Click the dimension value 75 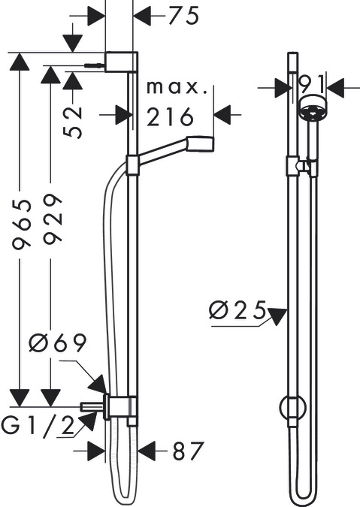(183, 16)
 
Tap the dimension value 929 (53, 219)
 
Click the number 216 (170, 116)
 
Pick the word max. (177, 87)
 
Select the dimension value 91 (311, 85)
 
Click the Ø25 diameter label (237, 310)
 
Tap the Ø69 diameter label (58, 343)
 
